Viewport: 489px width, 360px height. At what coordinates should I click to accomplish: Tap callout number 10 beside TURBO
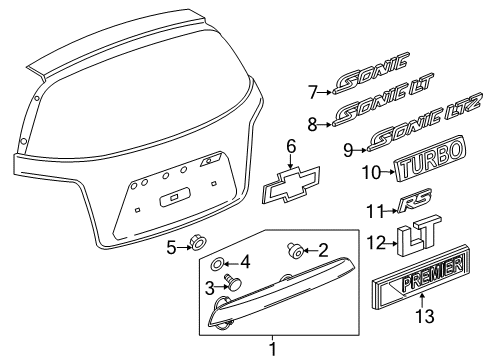371,173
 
